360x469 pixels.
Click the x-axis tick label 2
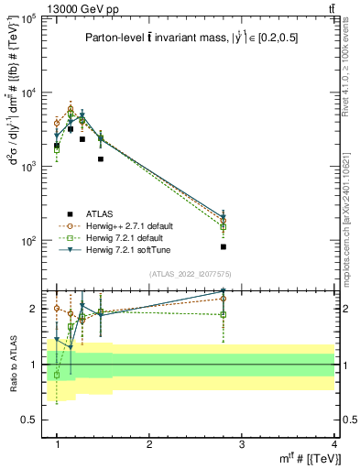(x=149, y=444)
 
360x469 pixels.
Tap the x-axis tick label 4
(x=333, y=444)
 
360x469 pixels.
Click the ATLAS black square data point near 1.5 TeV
(x=101, y=158)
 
